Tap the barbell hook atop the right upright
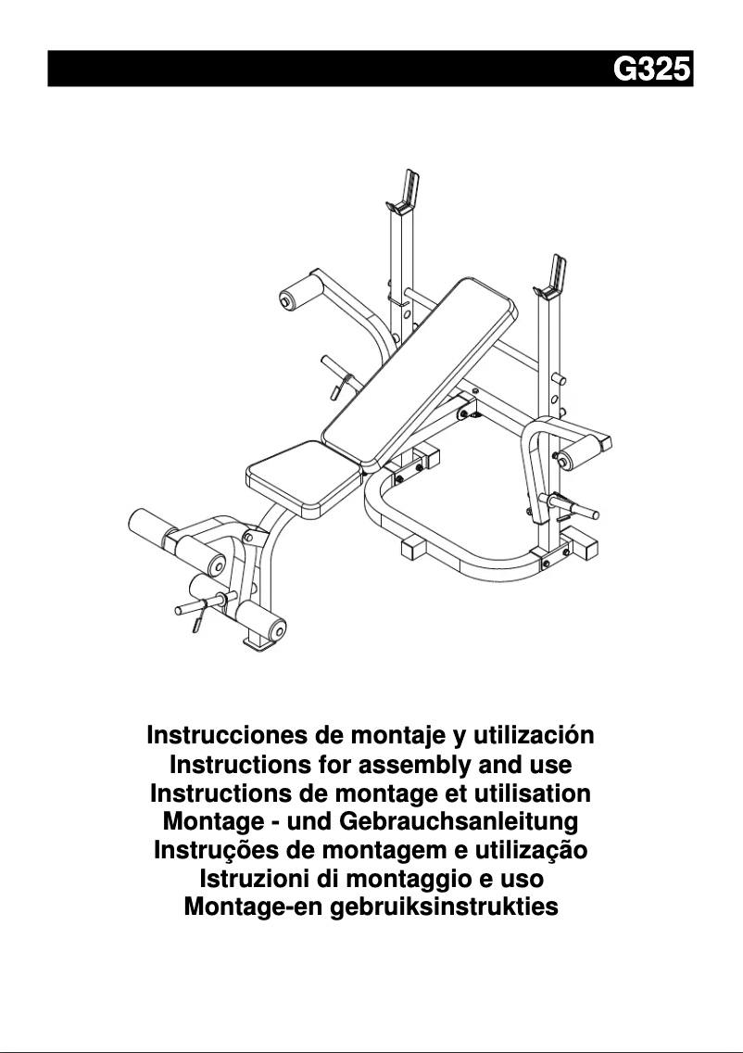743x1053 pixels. (x=557, y=273)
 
